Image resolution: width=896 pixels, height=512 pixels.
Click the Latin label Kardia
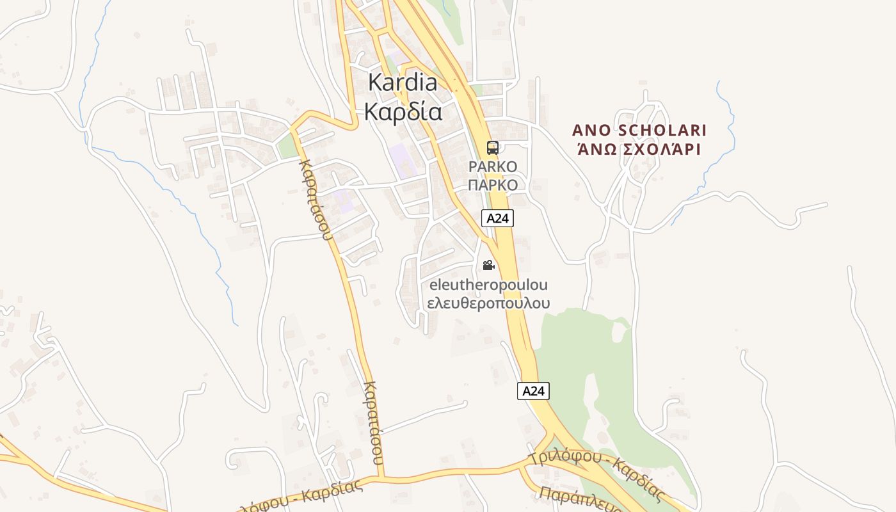(x=403, y=82)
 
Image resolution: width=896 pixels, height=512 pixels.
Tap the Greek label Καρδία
(x=403, y=111)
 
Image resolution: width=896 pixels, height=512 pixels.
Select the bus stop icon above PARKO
(x=492, y=148)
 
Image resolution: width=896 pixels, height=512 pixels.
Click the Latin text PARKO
(x=493, y=166)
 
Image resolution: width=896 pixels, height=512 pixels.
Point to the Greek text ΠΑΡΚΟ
(x=493, y=185)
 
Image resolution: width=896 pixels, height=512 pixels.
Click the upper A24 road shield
(x=497, y=218)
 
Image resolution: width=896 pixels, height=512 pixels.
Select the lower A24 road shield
(x=533, y=391)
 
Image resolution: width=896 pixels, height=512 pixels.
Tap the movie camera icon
(x=488, y=265)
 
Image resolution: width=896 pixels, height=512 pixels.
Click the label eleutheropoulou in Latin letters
(x=488, y=284)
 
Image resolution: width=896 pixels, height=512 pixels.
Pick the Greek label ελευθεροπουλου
(x=488, y=303)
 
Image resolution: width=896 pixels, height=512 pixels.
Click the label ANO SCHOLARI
(x=639, y=131)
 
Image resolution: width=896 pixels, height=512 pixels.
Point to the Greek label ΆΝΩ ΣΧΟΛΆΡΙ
(x=639, y=150)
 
